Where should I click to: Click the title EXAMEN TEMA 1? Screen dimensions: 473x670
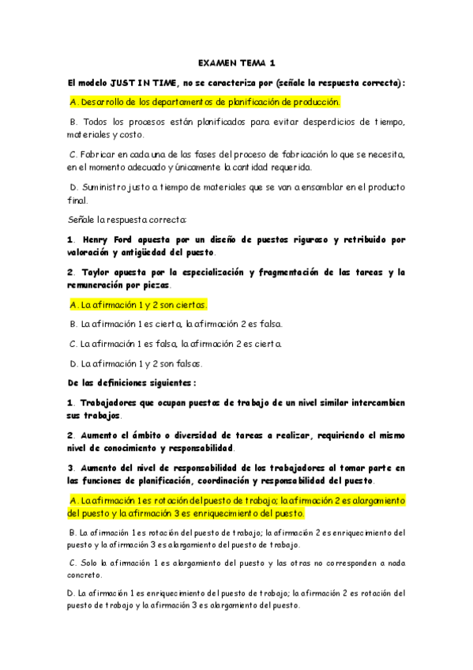[x=237, y=62]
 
